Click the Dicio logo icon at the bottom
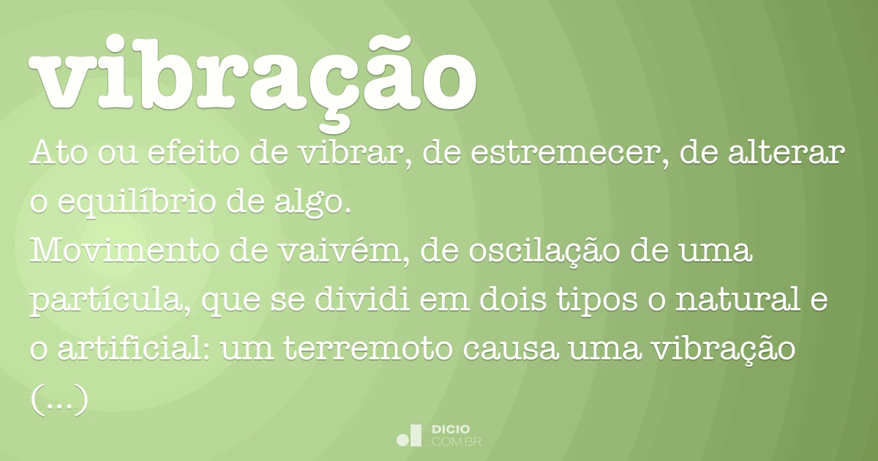pyautogui.click(x=409, y=435)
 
